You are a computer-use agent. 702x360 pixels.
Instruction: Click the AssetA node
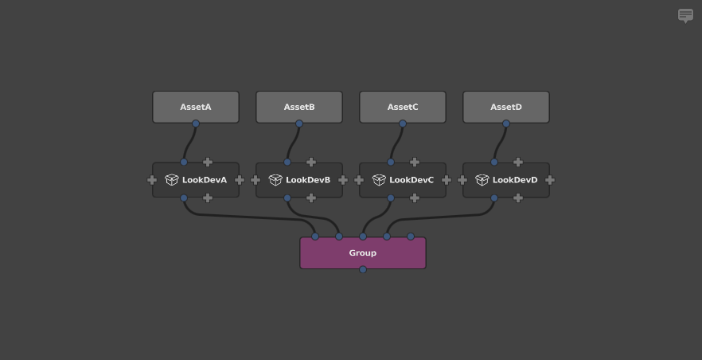(196, 107)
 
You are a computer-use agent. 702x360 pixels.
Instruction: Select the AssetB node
(299, 107)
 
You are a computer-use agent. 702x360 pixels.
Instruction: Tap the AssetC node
(403, 107)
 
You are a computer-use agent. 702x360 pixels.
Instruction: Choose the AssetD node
(506, 107)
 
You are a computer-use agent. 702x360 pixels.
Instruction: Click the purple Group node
(363, 252)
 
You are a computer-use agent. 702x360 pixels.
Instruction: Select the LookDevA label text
(205, 180)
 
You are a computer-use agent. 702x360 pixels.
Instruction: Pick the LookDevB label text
(308, 180)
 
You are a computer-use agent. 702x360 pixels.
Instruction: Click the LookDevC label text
(411, 180)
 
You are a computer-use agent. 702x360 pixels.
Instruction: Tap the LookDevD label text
(515, 180)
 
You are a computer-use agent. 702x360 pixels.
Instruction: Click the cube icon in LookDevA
(171, 180)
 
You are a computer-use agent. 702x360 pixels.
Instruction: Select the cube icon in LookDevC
(378, 180)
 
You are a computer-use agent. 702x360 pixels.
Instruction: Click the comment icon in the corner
(685, 15)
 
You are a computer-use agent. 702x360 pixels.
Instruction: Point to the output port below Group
(363, 269)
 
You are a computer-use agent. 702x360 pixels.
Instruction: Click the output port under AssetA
(196, 123)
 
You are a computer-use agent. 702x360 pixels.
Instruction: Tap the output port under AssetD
(506, 123)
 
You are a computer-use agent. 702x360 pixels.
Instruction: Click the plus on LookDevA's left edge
(152, 180)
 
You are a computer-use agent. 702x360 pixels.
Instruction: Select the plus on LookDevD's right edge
(550, 180)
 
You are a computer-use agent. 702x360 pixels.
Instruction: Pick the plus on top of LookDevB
(311, 162)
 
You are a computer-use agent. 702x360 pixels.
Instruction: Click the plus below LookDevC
(415, 198)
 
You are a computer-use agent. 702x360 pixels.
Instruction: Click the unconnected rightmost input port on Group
(411, 237)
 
